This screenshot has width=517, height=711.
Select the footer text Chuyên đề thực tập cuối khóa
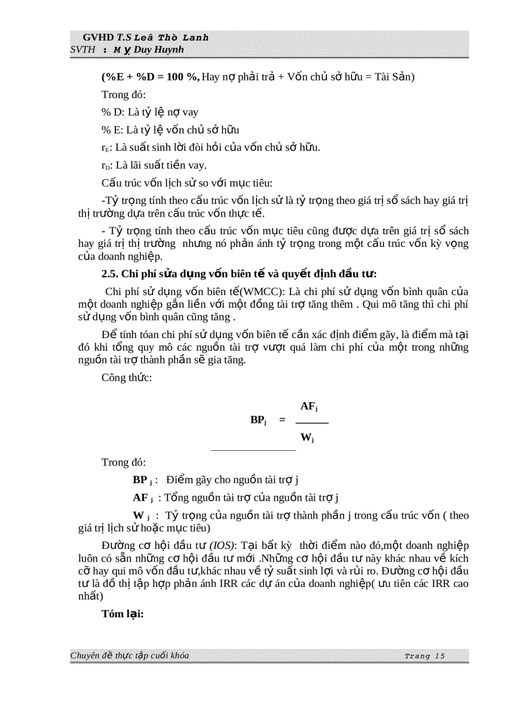[x=129, y=656]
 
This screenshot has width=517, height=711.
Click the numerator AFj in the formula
[x=309, y=406]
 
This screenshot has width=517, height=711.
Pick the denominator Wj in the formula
[x=307, y=437]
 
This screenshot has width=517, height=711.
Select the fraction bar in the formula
[x=312, y=422]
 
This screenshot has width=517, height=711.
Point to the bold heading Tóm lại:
[x=123, y=613]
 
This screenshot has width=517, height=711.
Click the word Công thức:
[x=126, y=377]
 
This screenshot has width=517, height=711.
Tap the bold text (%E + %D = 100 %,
[x=151, y=77]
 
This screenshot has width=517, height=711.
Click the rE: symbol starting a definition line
[x=106, y=148]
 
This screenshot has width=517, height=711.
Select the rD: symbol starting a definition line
[x=106, y=166]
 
